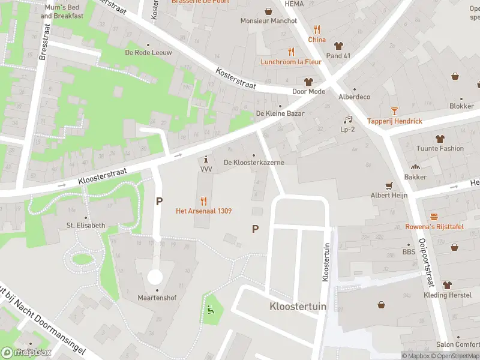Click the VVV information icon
click(206, 160)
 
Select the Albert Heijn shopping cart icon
click(389, 185)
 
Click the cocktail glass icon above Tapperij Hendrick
click(394, 110)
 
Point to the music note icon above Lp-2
click(347, 119)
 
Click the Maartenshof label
click(156, 298)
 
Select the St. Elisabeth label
click(86, 226)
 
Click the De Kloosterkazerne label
click(254, 163)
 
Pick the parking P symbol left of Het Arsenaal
click(159, 202)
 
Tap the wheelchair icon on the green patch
click(210, 310)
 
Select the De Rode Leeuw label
click(148, 53)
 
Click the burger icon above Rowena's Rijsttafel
click(434, 216)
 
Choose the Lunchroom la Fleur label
click(291, 62)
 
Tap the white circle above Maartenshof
click(155, 277)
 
